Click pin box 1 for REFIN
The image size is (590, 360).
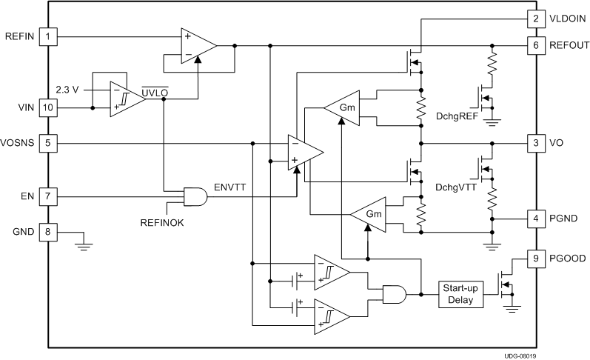pyautogui.click(x=48, y=36)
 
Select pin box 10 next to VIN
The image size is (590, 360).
pyautogui.click(x=48, y=107)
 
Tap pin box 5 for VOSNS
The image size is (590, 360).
pyautogui.click(x=48, y=143)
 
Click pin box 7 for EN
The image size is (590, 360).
pyautogui.click(x=48, y=197)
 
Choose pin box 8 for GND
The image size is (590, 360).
pyautogui.click(x=48, y=233)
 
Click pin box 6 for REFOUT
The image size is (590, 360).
pyautogui.click(x=534, y=45)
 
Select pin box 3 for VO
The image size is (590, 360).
pyautogui.click(x=534, y=143)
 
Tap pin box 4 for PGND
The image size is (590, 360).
pyautogui.click(x=534, y=219)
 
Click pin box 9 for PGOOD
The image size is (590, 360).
pyautogui.click(x=534, y=259)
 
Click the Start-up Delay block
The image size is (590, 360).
pyautogui.click(x=462, y=294)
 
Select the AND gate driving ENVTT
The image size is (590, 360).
pyautogui.click(x=195, y=197)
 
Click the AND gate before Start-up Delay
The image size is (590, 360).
pyautogui.click(x=394, y=294)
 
